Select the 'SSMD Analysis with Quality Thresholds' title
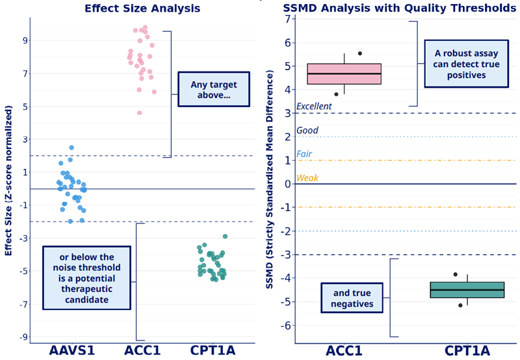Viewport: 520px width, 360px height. point(400,8)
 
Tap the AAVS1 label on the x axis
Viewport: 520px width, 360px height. point(71,351)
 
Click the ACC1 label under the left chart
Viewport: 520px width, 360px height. point(144,351)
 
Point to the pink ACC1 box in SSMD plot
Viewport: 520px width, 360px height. point(344,74)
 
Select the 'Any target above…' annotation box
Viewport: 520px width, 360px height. point(214,90)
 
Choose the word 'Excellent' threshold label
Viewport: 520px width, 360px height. point(314,107)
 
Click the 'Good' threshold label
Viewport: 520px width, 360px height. point(307,130)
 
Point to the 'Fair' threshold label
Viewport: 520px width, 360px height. point(304,154)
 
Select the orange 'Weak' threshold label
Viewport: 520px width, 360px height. point(307,177)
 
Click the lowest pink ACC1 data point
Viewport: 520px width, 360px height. point(139,112)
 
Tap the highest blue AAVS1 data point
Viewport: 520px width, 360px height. point(71,148)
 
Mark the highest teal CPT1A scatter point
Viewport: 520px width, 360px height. point(225,237)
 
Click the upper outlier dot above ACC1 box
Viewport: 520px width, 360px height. point(360,53)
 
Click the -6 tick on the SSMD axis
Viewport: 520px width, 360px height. point(286,326)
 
